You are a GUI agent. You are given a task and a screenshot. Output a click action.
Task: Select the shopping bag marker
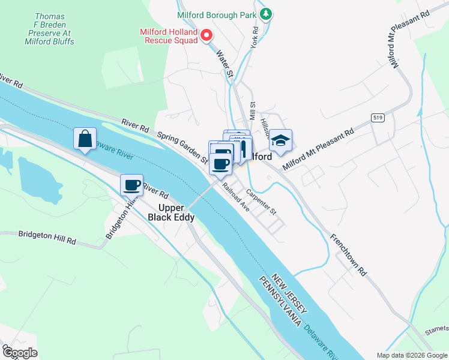click(x=85, y=139)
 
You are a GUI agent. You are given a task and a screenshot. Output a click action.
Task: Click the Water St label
click(x=224, y=63)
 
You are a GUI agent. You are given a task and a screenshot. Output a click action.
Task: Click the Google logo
click(x=19, y=353)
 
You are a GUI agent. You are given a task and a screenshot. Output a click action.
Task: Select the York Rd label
click(x=255, y=37)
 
